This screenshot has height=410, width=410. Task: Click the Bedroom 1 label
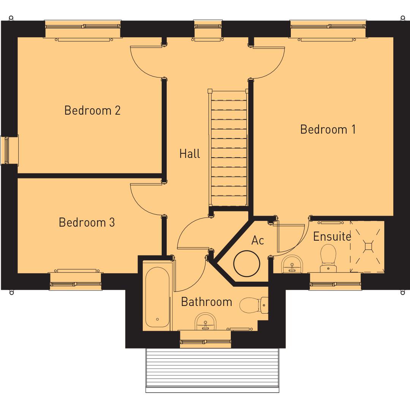328,129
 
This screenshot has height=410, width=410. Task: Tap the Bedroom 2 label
92,110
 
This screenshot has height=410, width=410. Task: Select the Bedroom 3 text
87,222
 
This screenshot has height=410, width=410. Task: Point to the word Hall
189,154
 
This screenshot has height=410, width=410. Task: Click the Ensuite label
332,237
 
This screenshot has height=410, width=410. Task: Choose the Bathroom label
206,302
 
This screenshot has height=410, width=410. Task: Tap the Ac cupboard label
257,240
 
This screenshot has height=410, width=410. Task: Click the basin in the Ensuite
292,265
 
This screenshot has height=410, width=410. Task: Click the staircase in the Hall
229,148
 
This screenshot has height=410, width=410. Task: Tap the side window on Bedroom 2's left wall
6,150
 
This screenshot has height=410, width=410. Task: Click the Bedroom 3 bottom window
76,282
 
